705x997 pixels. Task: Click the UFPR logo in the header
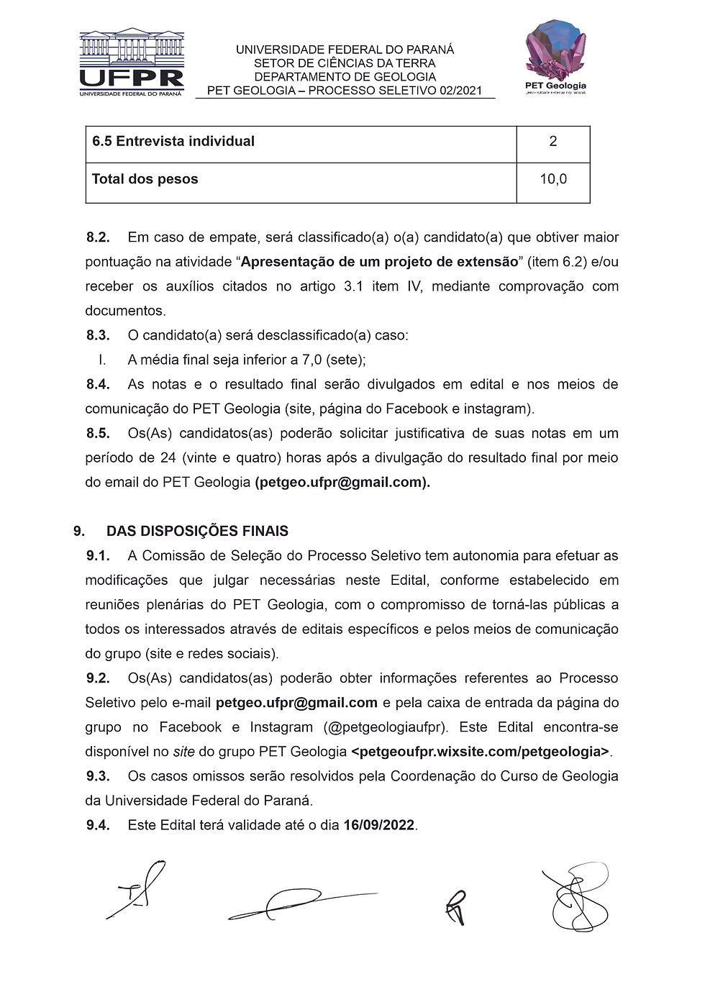tap(132, 63)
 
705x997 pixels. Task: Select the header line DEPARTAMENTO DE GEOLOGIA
tap(345, 77)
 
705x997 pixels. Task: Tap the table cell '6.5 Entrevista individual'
tap(173, 142)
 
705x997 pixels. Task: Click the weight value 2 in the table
tap(552, 142)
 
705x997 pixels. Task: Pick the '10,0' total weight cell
tap(552, 179)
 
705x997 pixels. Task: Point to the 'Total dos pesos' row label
tap(145, 179)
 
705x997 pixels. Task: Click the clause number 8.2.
tap(98, 237)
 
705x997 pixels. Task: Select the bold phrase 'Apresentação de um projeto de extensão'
tap(379, 262)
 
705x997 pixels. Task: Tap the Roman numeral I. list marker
tap(102, 360)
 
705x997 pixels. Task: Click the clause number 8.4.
tap(98, 384)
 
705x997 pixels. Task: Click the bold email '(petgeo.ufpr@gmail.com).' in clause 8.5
tap(342, 483)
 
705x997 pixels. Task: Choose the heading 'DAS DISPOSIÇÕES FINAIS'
tap(197, 532)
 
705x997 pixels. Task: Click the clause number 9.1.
tap(98, 556)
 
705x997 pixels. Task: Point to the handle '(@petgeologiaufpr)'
tap(386, 727)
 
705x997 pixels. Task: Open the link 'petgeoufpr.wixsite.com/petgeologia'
tap(481, 752)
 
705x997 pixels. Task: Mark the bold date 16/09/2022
tap(379, 825)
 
